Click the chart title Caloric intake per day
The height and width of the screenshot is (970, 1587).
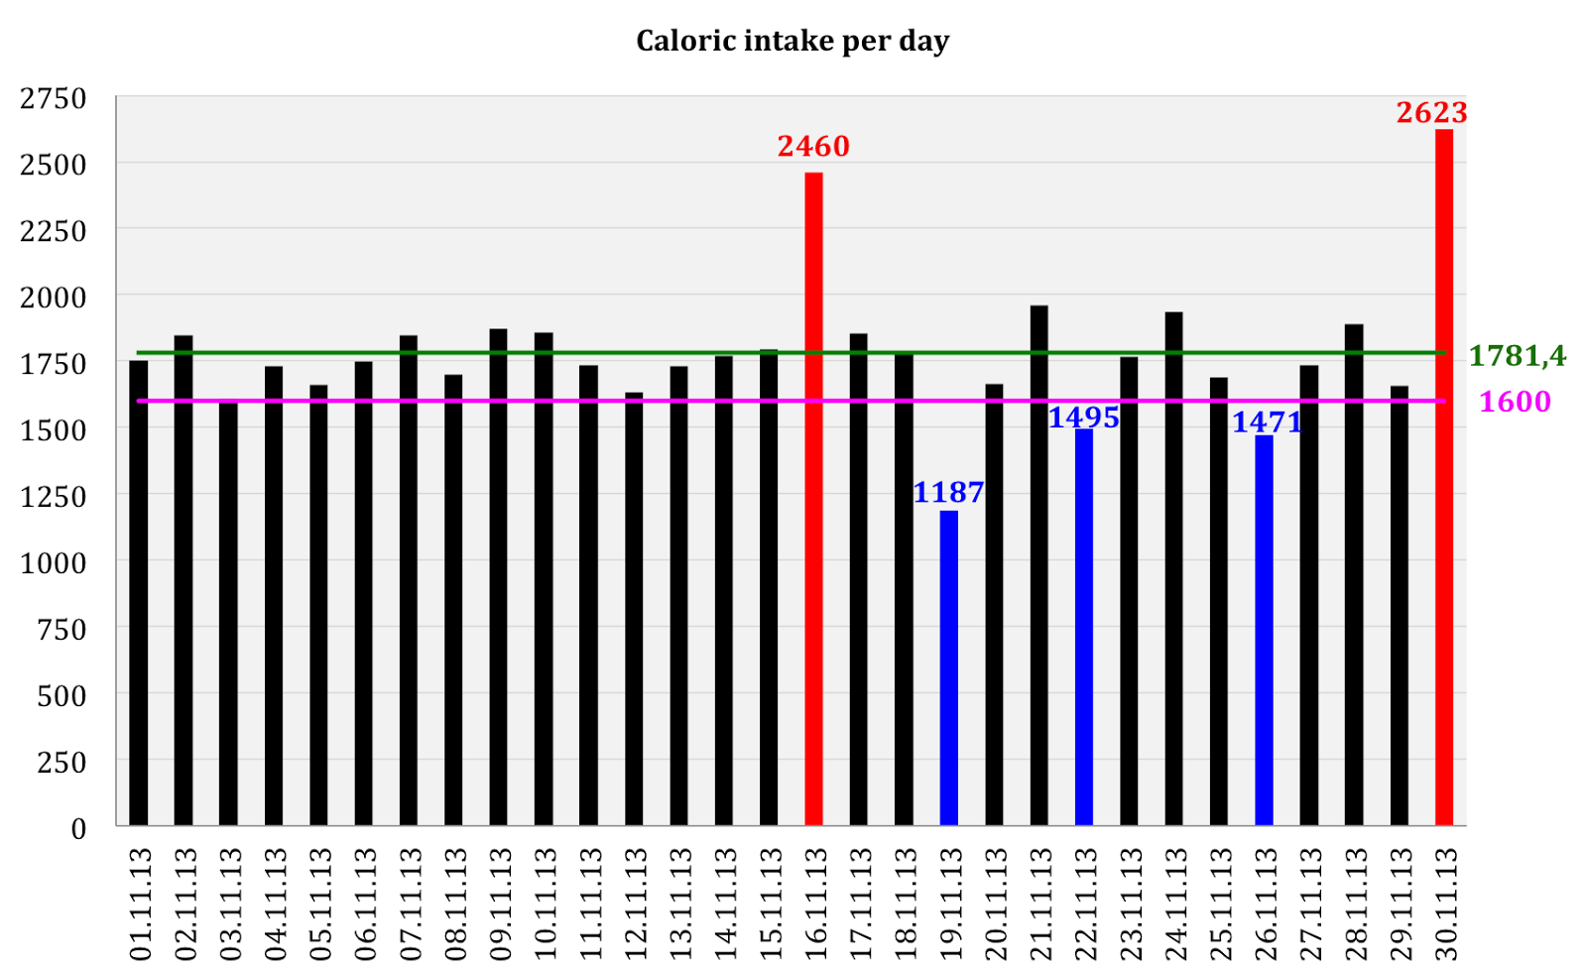click(x=792, y=41)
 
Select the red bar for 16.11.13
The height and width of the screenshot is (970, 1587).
click(x=813, y=496)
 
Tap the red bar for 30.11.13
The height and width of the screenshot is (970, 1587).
click(x=1444, y=476)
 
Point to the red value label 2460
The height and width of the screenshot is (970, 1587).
click(x=813, y=147)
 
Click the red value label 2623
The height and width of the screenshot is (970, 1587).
click(x=1431, y=113)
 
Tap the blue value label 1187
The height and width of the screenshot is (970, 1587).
click(x=948, y=493)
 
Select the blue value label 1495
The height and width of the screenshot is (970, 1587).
click(x=1084, y=418)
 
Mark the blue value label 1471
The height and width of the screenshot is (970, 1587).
click(x=1267, y=423)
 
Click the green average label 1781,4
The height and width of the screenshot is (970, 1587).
click(x=1517, y=355)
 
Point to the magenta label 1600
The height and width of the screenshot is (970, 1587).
click(x=1515, y=402)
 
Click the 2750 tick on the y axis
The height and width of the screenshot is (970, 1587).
click(x=54, y=98)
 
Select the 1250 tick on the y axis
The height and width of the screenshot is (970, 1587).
click(x=54, y=496)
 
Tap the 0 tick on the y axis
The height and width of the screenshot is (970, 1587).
click(x=78, y=828)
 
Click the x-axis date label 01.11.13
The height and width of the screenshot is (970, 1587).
click(x=140, y=904)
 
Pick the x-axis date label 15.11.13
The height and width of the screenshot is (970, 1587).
click(x=770, y=904)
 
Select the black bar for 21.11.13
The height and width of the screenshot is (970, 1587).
click(x=1038, y=565)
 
